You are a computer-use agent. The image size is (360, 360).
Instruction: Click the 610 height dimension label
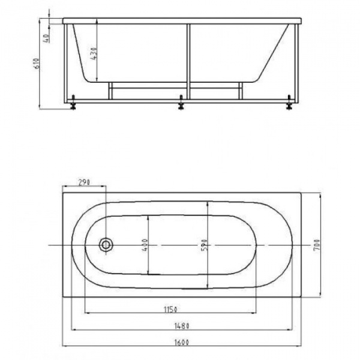[37, 63]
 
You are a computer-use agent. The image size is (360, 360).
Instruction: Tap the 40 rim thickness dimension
[46, 38]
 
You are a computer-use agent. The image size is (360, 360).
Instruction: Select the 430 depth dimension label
[94, 54]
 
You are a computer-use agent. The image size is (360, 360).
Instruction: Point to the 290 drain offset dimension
[84, 182]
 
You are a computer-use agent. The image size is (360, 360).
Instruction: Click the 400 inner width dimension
[145, 245]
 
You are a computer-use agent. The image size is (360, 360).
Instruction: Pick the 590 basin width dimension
[205, 245]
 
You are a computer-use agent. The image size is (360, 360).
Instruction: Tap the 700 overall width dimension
[317, 245]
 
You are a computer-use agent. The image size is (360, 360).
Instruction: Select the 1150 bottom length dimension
[170, 310]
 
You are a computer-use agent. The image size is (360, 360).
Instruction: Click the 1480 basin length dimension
[182, 326]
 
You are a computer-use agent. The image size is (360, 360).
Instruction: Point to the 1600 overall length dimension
[181, 343]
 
